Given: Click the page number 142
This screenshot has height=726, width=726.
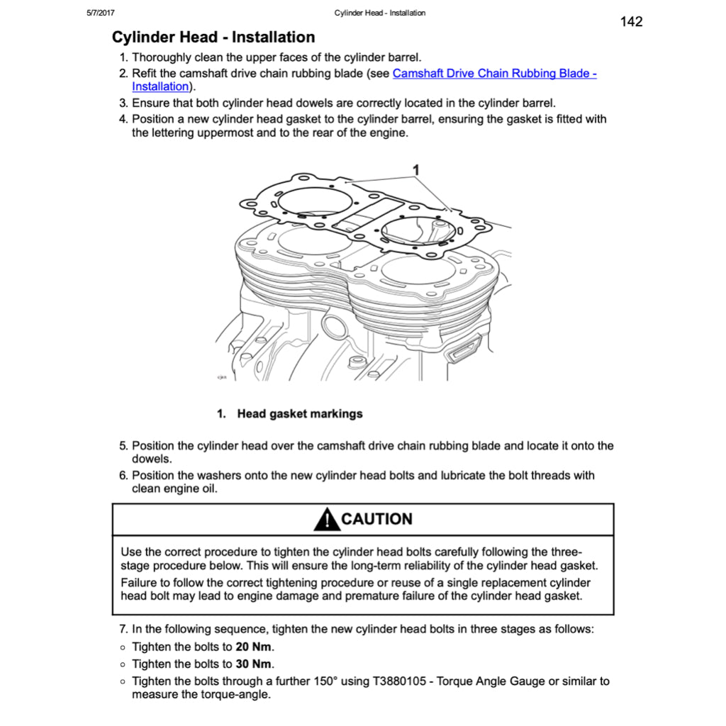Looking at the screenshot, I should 630,21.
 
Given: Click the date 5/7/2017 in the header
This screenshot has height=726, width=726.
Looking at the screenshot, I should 101,13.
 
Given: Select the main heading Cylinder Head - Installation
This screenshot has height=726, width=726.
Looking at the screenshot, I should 213,38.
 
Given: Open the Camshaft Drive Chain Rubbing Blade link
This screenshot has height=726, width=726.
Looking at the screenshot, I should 494,73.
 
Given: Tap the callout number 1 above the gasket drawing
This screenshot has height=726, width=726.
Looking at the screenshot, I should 416,169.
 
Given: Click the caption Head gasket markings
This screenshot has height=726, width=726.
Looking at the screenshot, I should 299,413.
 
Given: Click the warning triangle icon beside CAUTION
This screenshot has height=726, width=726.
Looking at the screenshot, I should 325,520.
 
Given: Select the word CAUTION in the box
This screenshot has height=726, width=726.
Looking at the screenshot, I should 376,519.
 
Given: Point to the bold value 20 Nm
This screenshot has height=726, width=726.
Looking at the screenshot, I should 254,647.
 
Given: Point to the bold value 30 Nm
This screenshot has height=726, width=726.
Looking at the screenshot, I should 254,664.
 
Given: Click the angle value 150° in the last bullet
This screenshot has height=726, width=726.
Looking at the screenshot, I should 325,681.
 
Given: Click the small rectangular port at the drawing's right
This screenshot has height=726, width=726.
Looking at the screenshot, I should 466,348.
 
